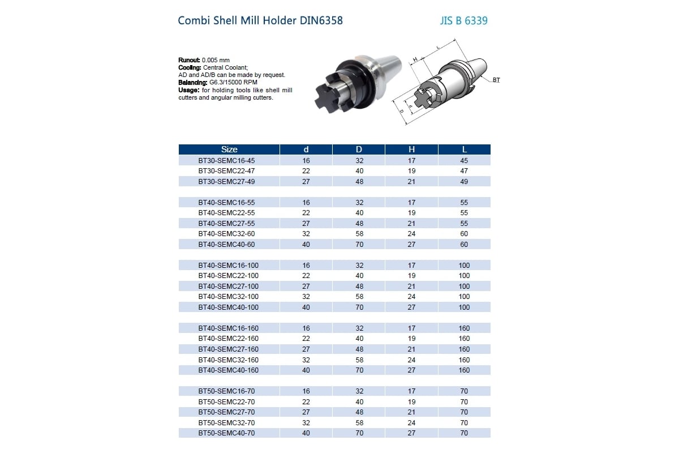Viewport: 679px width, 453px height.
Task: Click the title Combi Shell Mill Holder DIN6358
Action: pos(260,21)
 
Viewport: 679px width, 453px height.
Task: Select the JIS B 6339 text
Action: pos(463,21)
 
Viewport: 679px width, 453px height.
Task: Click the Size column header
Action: pos(229,149)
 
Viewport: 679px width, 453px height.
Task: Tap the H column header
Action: pos(411,149)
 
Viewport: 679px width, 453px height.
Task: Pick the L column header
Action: pos(464,149)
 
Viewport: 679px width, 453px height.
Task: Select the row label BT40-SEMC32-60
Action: pos(226,234)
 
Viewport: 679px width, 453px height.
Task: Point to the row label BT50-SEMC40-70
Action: pos(226,433)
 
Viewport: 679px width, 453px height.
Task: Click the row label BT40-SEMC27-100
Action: pos(228,287)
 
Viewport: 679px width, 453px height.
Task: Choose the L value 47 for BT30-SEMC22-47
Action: pos(464,171)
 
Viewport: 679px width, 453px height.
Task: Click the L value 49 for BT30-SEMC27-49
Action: pos(464,181)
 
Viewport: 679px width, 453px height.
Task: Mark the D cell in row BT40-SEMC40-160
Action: pos(359,370)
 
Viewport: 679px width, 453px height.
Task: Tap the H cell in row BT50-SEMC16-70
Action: pos(411,391)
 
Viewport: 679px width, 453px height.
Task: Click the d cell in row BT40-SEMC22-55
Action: pos(306,213)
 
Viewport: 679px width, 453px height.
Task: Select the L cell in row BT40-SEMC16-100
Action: pos(464,266)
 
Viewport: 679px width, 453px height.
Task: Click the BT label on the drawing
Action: pos(496,80)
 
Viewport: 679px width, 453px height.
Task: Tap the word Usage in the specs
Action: pos(188,90)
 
